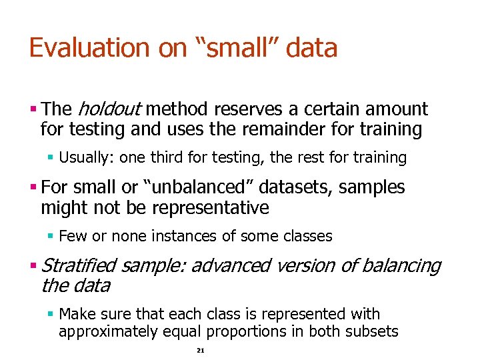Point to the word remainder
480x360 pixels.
296,129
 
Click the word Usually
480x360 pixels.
83,158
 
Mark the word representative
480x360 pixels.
211,208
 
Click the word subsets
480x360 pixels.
372,331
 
